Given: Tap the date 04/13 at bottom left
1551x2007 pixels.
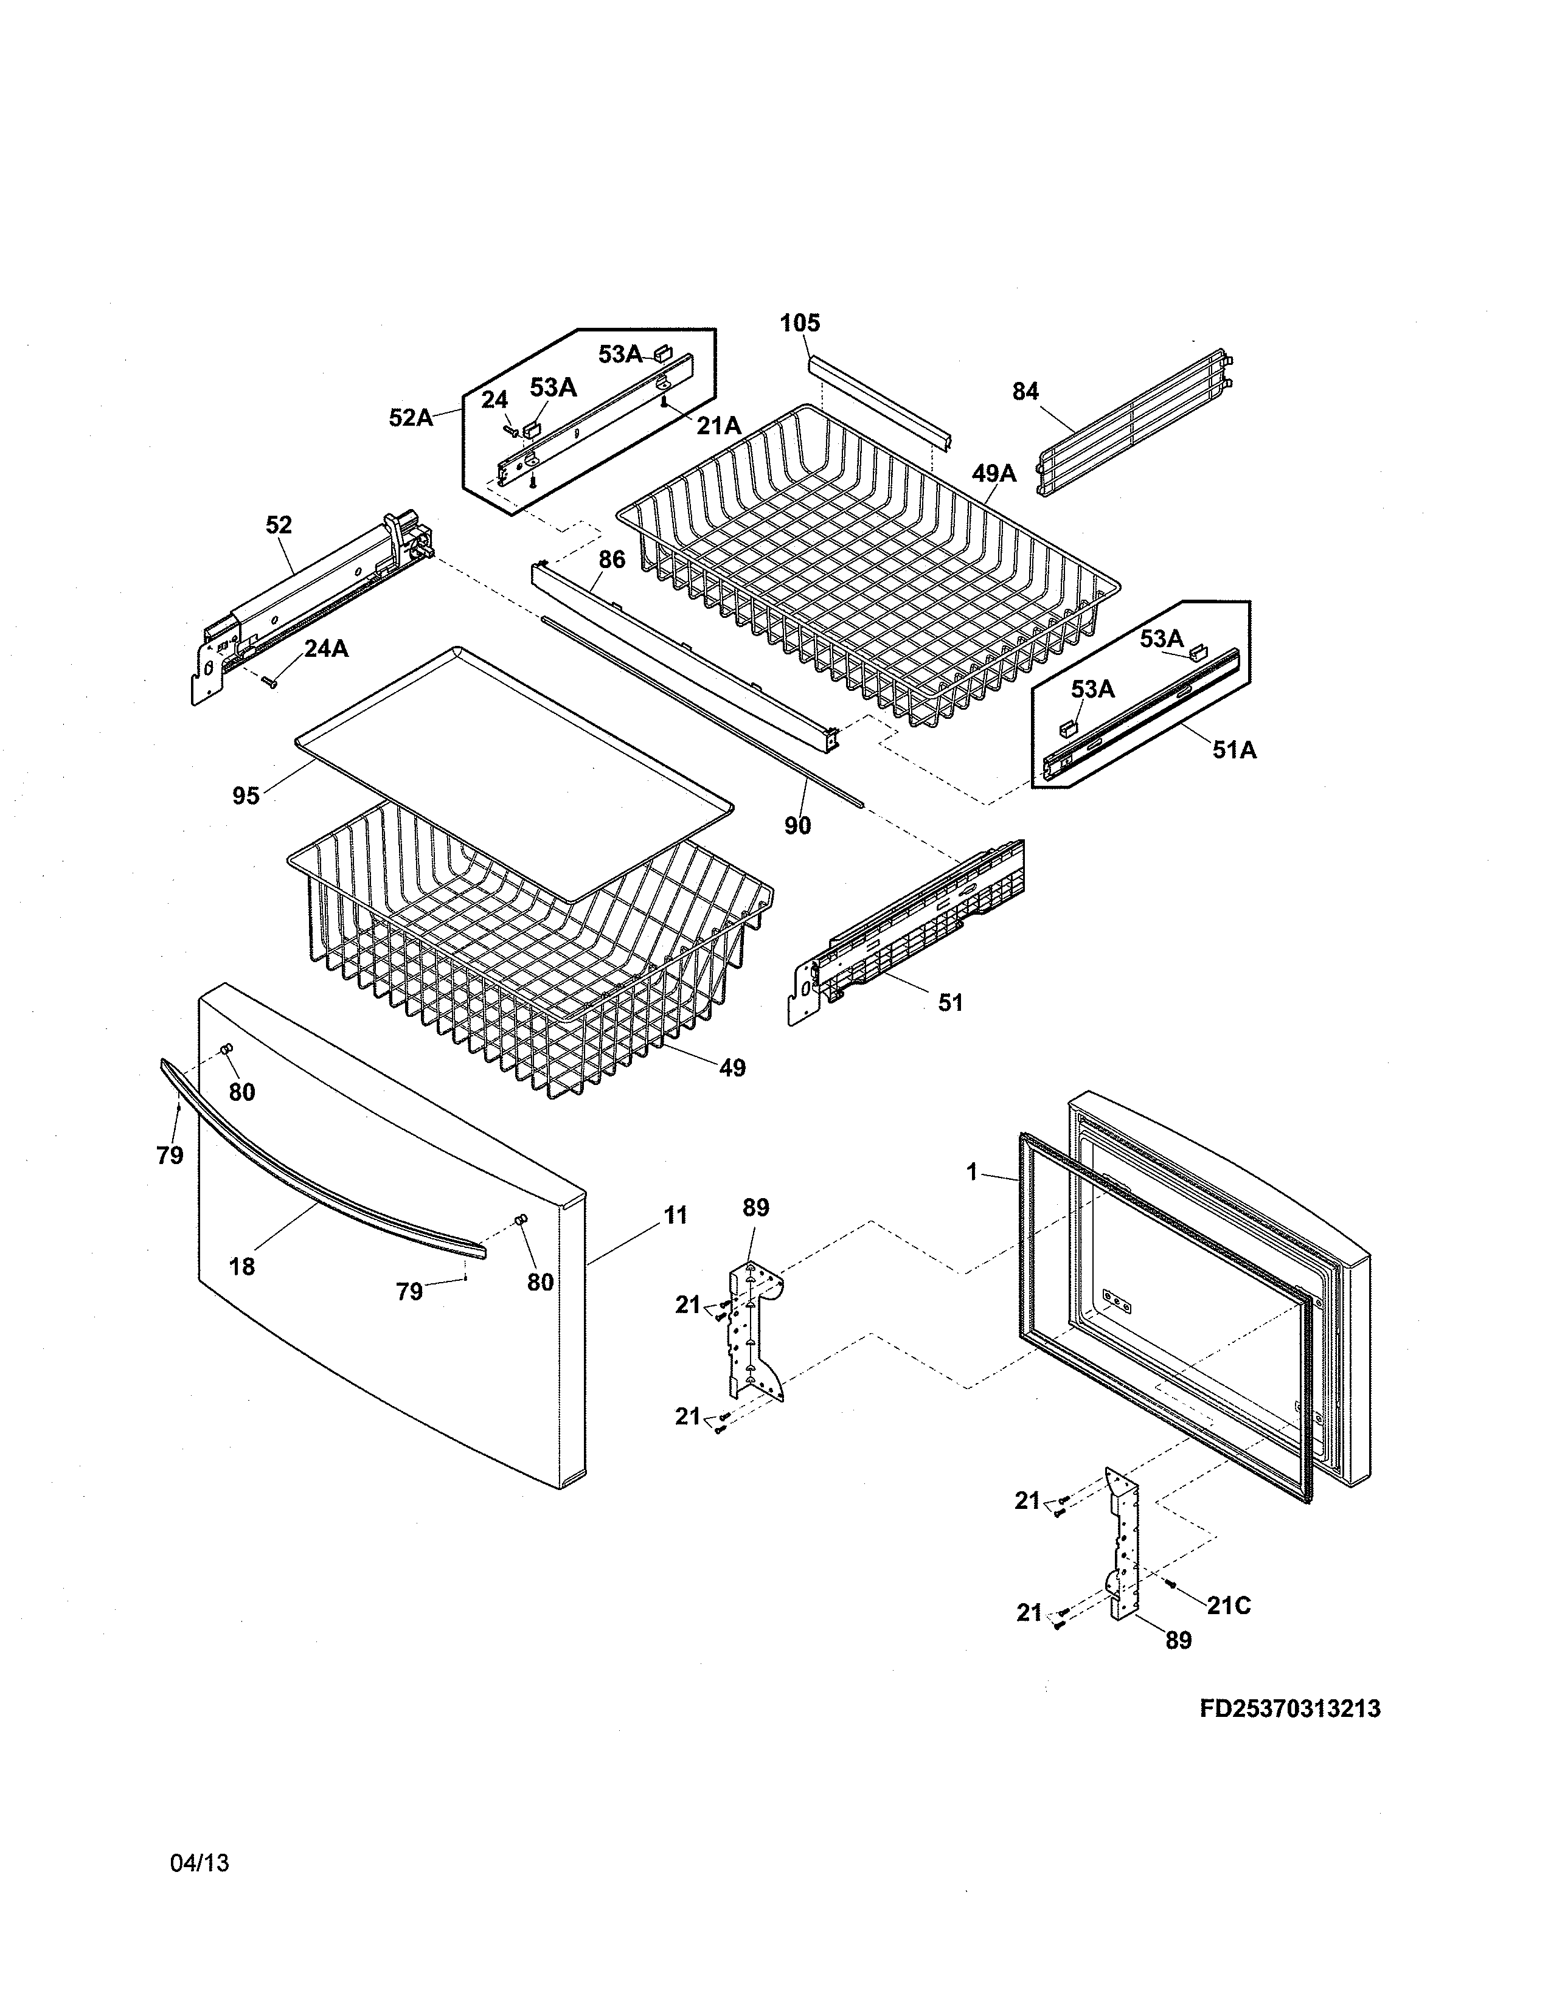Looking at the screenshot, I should (200, 1863).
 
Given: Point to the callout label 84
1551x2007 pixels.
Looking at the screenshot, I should (1025, 392).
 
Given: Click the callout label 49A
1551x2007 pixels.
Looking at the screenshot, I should (994, 473).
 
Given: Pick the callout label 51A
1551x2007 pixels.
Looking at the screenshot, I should (1234, 750).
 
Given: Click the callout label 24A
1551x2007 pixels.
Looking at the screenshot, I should (326, 649).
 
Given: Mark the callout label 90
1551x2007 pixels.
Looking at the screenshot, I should (797, 826).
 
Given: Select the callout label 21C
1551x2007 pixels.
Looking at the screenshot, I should (1229, 1606).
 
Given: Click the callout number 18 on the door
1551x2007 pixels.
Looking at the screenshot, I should (241, 1266).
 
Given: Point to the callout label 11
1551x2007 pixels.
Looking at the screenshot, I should (675, 1216).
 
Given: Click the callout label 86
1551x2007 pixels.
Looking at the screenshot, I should (612, 560).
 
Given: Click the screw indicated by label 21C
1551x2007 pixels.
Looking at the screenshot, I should (1171, 1583).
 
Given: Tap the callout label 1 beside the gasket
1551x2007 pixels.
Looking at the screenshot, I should (972, 1173).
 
